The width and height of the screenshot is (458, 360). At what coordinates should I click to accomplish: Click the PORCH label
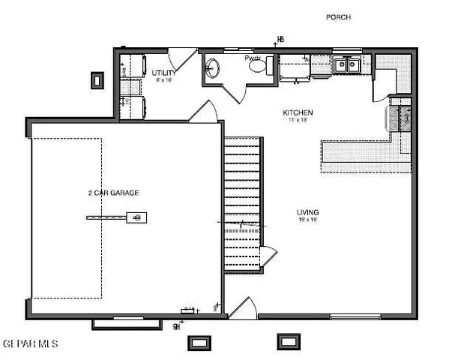339,16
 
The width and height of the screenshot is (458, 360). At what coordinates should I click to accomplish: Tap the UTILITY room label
163,73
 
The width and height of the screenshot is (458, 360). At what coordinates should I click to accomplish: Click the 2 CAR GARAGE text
113,193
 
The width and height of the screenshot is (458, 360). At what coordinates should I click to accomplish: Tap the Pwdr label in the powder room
251,58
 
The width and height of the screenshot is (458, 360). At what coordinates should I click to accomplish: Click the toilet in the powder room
259,67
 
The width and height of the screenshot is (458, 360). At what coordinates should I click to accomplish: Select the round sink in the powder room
212,68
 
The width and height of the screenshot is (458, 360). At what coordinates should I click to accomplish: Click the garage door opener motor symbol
137,217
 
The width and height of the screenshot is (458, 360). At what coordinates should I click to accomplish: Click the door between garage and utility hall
202,112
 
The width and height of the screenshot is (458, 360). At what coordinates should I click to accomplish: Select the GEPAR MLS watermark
30,343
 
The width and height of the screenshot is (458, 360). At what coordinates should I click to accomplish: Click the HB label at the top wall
281,39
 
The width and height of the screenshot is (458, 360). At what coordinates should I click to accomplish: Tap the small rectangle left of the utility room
97,79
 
